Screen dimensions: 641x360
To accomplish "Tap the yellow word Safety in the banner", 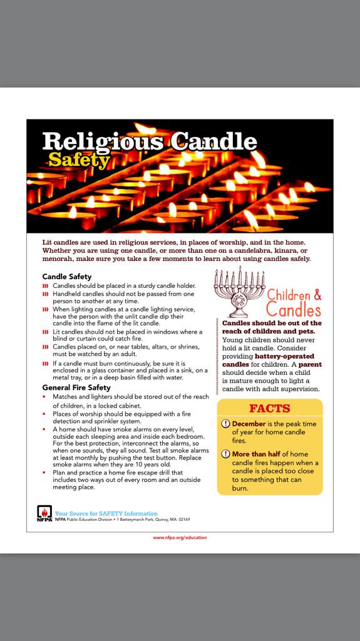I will click(x=78, y=160).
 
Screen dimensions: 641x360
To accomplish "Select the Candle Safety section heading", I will click(x=66, y=276).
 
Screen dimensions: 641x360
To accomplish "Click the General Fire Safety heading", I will click(x=76, y=387).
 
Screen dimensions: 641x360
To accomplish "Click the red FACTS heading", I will click(x=269, y=408).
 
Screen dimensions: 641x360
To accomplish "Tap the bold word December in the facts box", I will click(x=249, y=424).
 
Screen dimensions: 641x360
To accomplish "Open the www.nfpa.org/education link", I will click(x=180, y=537).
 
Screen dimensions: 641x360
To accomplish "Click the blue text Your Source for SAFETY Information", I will click(x=106, y=513).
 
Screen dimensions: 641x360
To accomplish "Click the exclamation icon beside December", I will click(x=226, y=424).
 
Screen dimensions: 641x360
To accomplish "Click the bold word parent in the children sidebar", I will click(x=309, y=364).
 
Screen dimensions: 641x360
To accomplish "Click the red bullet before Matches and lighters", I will click(x=45, y=397).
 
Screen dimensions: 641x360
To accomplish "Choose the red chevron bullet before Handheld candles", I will click(x=45, y=294).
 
